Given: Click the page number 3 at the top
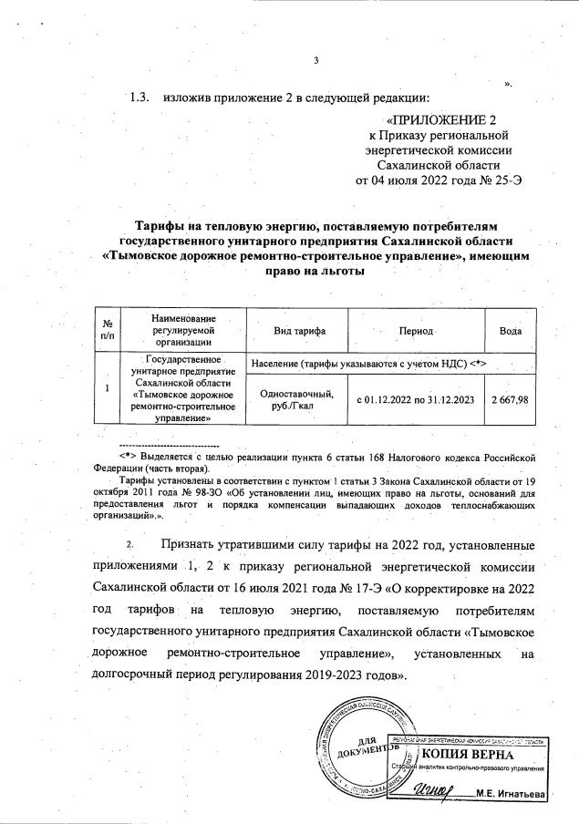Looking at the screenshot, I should (x=315, y=61).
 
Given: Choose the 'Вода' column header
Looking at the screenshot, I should (x=511, y=329).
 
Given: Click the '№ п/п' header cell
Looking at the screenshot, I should (x=109, y=329).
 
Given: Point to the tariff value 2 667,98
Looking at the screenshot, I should (x=511, y=400).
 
